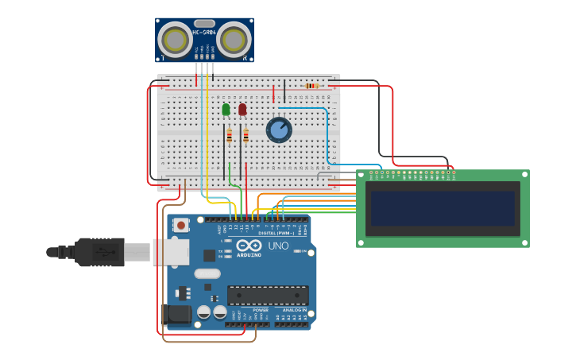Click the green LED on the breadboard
pyautogui.click(x=226, y=109)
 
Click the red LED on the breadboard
pyautogui.click(x=242, y=109)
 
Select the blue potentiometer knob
pyautogui.click(x=279, y=130)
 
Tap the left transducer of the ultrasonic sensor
pyautogui.click(x=173, y=39)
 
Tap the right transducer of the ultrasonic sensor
pyautogui.click(x=234, y=39)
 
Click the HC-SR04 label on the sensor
pyautogui.click(x=204, y=33)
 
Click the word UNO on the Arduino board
pyautogui.click(x=278, y=246)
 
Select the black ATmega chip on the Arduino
pyautogui.click(x=268, y=296)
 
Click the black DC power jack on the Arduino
pyautogui.click(x=176, y=315)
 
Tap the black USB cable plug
pyautogui.click(x=99, y=252)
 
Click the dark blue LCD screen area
pyautogui.click(x=443, y=208)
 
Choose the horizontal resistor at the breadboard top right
pyautogui.click(x=312, y=86)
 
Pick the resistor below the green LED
pyautogui.click(x=229, y=136)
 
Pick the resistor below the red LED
pyautogui.click(x=245, y=136)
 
